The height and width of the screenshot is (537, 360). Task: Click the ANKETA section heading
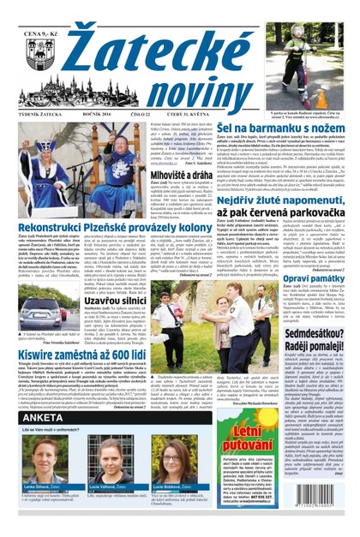[43, 429]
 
